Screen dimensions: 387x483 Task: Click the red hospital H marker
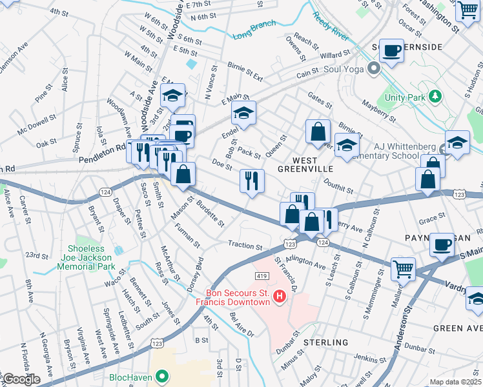[280, 297]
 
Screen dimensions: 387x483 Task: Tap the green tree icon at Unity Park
[436, 97]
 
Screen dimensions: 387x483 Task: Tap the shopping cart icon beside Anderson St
[404, 268]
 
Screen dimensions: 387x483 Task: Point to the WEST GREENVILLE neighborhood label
[305, 164]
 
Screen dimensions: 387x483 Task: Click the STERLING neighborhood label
[326, 342]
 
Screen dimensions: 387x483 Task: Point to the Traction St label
[245, 246]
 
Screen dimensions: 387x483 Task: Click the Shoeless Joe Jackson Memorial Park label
[92, 257]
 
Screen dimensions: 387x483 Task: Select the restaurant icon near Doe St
[252, 181]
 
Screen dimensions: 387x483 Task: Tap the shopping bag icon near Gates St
[318, 132]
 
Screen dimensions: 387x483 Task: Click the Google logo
[21, 379]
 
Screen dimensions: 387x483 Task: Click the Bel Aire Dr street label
[242, 324]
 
